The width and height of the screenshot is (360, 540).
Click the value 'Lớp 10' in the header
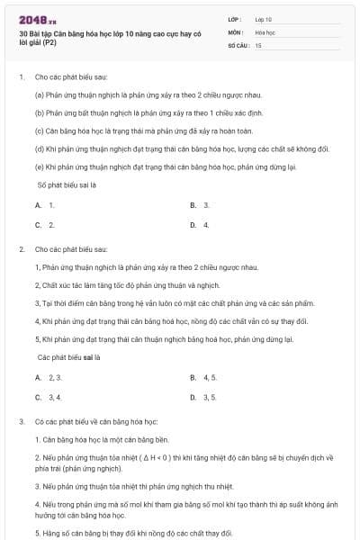264,18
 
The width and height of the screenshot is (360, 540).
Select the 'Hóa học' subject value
265,31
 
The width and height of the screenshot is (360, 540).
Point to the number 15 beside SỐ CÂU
258,44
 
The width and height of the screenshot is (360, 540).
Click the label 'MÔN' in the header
235,31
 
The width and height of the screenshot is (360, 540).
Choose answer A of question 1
45,205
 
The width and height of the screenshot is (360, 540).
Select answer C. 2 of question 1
45,225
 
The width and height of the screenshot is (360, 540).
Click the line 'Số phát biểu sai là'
67,185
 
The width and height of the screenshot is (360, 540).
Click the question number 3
21,421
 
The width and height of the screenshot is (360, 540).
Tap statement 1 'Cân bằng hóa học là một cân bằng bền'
100,440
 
